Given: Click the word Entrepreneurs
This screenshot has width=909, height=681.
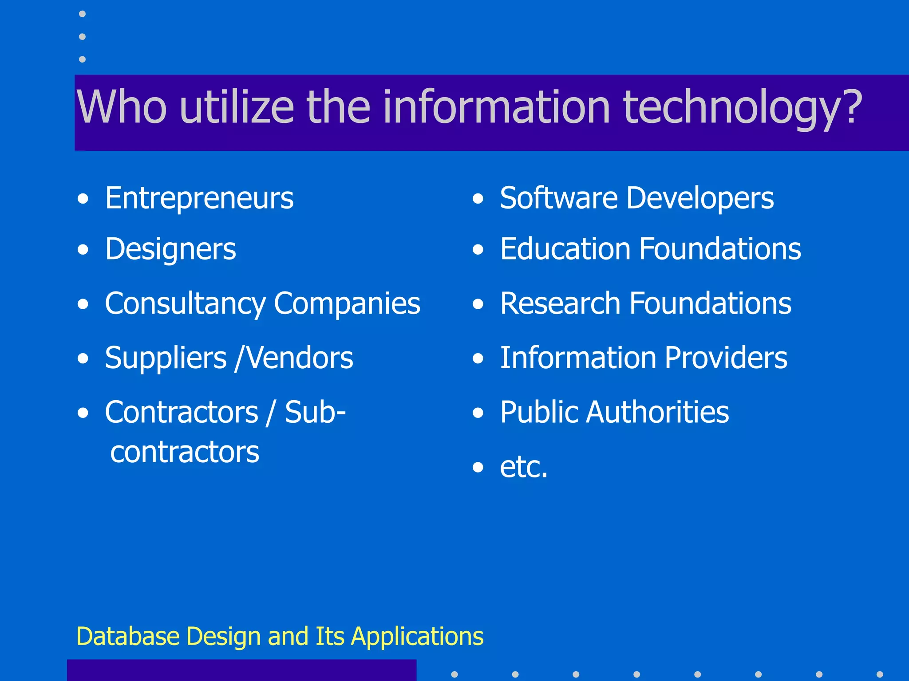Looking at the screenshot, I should (199, 198).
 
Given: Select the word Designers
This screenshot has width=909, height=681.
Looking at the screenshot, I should (170, 249).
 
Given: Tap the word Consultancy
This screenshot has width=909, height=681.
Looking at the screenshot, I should (185, 304).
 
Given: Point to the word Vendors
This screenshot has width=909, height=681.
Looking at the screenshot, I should (300, 358).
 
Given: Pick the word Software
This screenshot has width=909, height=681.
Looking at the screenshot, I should (559, 198).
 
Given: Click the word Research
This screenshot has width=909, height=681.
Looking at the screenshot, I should (560, 304).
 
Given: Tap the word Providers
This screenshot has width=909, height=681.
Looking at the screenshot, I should (726, 358).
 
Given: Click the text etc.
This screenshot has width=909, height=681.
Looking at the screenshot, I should (524, 467).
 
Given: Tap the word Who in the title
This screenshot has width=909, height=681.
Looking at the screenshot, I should (122, 107).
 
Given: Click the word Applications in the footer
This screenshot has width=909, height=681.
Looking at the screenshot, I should (417, 637).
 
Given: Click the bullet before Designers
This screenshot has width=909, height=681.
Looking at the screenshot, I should (83, 250).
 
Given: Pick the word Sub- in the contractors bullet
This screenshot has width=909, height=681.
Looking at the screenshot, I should (315, 412).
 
